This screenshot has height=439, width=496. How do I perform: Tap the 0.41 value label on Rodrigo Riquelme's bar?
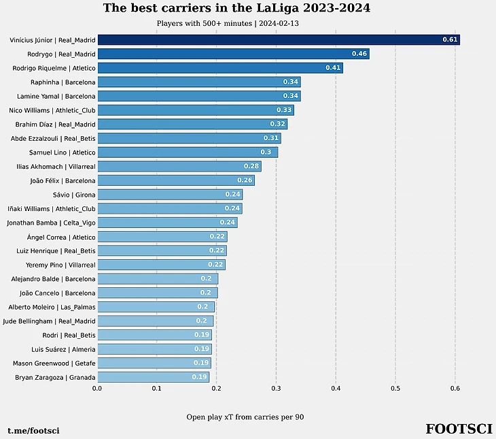333,68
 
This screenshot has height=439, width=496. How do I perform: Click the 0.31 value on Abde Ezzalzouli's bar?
270,138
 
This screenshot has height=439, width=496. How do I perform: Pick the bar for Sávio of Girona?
169,195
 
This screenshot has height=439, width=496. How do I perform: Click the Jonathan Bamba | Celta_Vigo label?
51,223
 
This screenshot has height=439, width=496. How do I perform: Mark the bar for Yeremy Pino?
161,265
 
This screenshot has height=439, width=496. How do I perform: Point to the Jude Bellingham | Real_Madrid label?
50,321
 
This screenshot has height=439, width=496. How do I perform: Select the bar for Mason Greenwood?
154,363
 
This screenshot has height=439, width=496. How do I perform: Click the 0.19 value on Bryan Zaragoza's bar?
199,377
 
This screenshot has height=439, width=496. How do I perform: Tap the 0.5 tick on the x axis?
395,389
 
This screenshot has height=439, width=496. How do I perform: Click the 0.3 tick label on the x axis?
276,389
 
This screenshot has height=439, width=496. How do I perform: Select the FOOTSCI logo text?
459,429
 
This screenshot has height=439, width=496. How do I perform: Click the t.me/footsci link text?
33,431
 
